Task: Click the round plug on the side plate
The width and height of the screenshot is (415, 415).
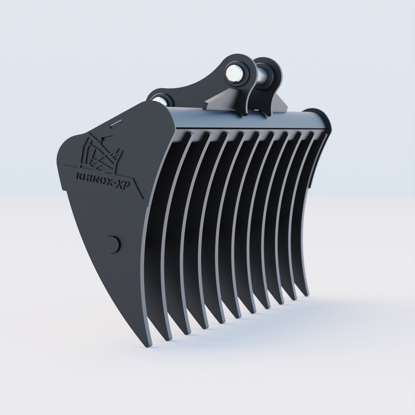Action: (113, 243)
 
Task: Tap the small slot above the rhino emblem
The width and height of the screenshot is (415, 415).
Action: (115, 123)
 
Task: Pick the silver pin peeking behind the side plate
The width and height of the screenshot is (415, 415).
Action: (160, 101)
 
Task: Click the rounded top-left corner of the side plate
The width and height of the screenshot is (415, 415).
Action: (66, 145)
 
